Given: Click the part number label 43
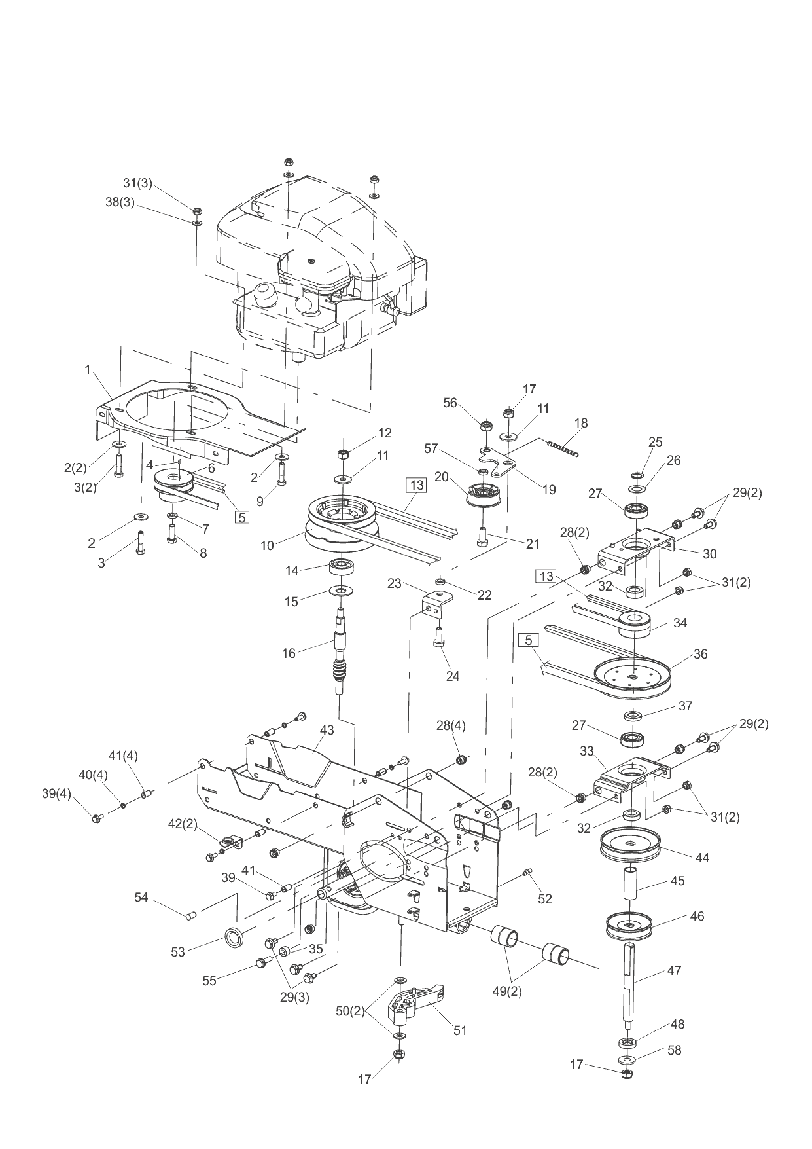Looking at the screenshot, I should coord(327,730).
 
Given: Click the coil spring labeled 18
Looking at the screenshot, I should coord(564,448).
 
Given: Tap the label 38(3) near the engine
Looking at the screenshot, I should coord(120,202).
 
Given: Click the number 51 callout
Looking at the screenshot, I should coord(460,1030).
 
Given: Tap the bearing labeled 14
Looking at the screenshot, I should coord(340,566).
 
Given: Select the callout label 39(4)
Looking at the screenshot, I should coord(58,793).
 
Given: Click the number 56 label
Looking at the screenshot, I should coord(450,403).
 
